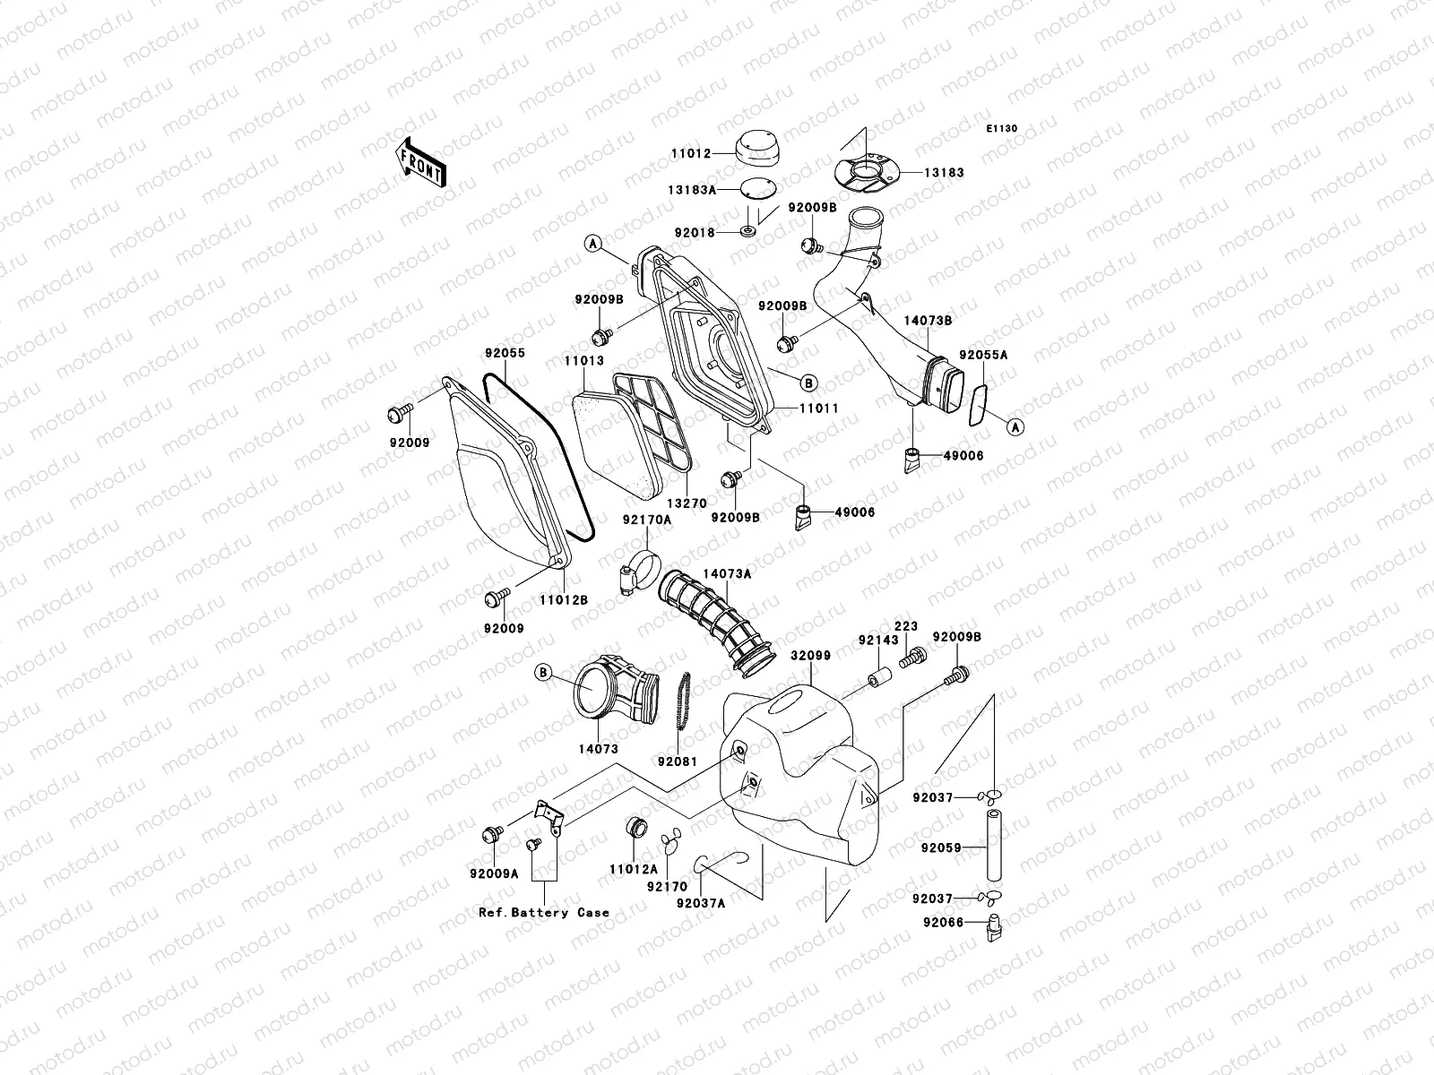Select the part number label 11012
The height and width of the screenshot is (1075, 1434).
(691, 154)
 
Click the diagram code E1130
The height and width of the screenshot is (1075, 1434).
(1003, 129)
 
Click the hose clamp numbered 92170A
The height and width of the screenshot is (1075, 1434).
(640, 573)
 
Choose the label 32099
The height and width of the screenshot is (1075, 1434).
(810, 656)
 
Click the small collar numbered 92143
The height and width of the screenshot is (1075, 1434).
(879, 674)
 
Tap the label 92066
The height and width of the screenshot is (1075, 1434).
(940, 923)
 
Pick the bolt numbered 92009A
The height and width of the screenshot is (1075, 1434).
(491, 835)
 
